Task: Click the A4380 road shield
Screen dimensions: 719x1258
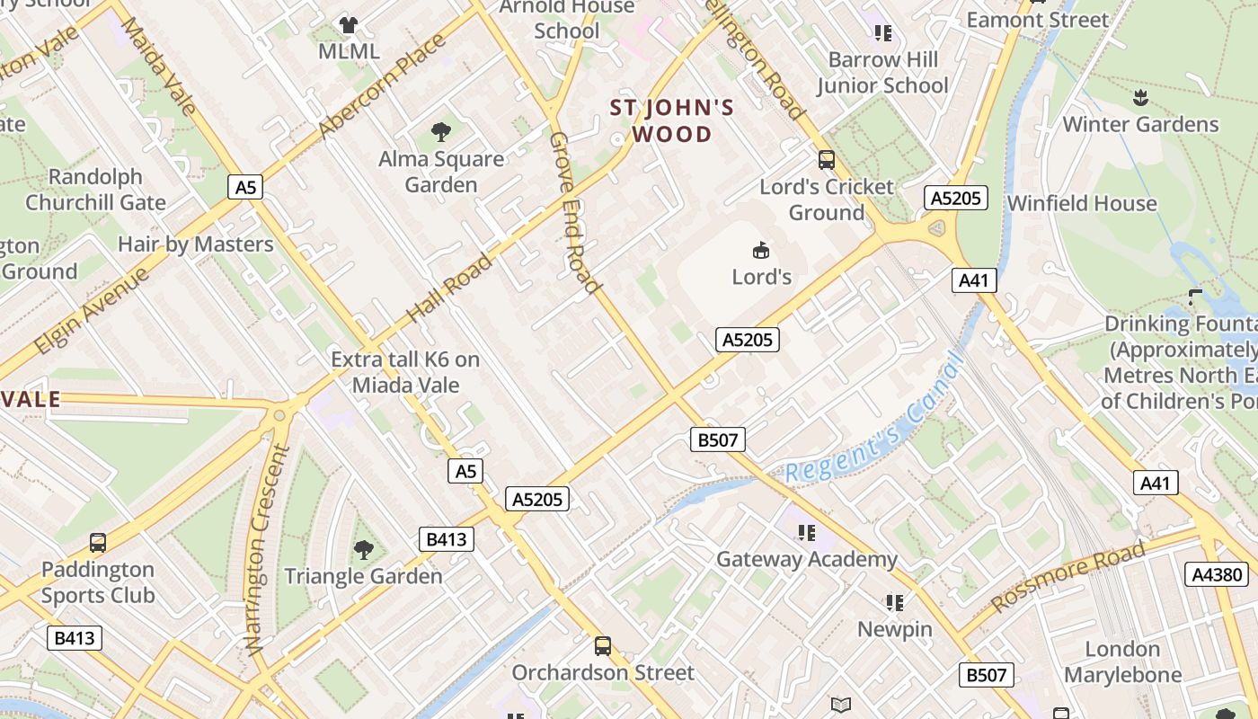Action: point(1218,575)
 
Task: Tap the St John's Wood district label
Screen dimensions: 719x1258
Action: point(672,121)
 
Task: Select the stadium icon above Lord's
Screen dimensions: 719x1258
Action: point(761,249)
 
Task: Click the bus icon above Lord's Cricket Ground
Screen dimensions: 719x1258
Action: point(827,160)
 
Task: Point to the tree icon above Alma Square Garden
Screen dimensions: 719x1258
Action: point(441,133)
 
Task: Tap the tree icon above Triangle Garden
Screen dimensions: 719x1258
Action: point(364,549)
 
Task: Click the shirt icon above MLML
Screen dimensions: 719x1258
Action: point(348,25)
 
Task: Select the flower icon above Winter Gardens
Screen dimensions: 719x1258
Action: point(1140,97)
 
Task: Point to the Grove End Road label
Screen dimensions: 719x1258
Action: point(573,213)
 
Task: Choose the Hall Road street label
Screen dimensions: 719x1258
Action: point(450,288)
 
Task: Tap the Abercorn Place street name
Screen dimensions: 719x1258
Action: point(381,86)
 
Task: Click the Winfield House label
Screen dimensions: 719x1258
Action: point(1082,203)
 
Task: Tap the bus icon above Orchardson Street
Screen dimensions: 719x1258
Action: point(603,645)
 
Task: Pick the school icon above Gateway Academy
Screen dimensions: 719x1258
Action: point(806,533)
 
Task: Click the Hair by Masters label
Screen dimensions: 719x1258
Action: point(195,244)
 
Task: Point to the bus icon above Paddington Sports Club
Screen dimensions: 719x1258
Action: point(98,543)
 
